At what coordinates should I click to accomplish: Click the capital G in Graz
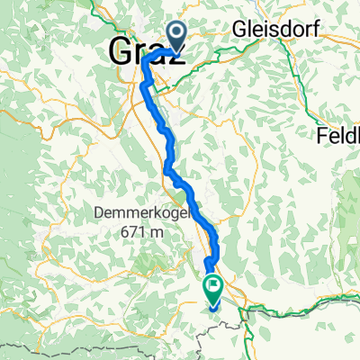tap(121, 50)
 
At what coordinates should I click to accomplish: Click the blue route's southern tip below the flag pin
tap(215, 310)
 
